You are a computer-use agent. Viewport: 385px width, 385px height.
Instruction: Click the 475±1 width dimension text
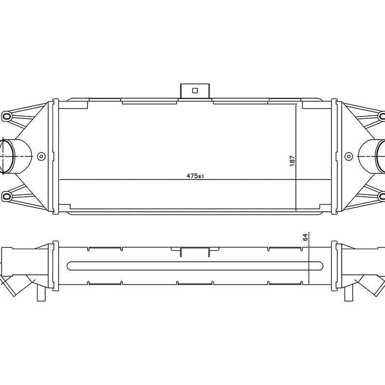tap(195, 176)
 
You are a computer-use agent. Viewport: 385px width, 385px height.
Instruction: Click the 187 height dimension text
tap(292, 160)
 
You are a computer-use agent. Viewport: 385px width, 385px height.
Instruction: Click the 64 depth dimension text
tap(305, 237)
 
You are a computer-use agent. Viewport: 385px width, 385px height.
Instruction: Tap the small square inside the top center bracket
tap(195, 90)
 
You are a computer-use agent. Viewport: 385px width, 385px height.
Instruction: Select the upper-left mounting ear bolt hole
tap(7, 116)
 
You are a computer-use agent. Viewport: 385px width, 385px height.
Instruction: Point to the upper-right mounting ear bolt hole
tap(382, 116)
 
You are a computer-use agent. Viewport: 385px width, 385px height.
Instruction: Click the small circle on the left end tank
tap(41, 156)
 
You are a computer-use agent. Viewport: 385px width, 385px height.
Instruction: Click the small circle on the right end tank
tap(348, 156)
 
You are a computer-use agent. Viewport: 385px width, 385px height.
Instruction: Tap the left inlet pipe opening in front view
tap(7, 156)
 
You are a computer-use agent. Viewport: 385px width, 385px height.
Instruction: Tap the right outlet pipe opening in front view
tap(380, 156)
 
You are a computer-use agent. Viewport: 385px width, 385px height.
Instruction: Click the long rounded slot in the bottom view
tap(195, 266)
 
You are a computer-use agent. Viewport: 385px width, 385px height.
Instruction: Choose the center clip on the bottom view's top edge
tap(195, 251)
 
